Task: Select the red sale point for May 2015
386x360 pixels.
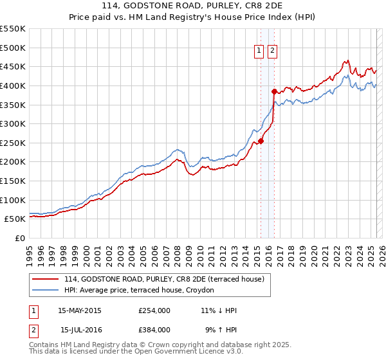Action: pyautogui.click(x=261, y=141)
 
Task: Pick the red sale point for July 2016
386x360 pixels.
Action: pyautogui.click(x=274, y=91)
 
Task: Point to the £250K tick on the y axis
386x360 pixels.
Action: pyautogui.click(x=13, y=143)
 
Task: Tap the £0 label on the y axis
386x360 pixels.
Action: pyautogui.click(x=20, y=238)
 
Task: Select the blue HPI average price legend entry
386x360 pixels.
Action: pyautogui.click(x=143, y=291)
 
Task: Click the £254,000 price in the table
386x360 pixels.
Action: pyautogui.click(x=154, y=310)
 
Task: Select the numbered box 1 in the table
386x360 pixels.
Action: pyautogui.click(x=33, y=310)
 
